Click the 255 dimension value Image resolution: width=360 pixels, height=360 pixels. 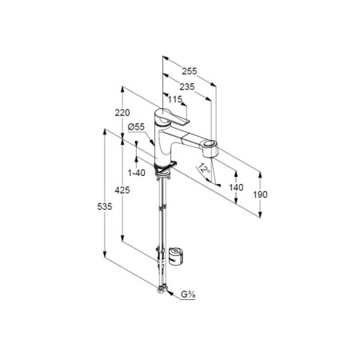[190, 71]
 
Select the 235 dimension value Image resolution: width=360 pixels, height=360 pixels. [187, 87]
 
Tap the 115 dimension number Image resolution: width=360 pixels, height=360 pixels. [174, 99]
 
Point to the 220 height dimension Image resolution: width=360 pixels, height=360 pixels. [122, 113]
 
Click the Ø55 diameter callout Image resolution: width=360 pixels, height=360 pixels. [136, 127]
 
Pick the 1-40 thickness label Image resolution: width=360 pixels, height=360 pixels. [137, 173]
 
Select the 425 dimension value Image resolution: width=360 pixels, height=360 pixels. [122, 190]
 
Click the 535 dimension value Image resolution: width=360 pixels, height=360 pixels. [105, 206]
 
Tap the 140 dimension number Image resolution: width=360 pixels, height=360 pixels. [236, 187]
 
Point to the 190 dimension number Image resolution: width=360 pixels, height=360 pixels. [260, 194]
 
